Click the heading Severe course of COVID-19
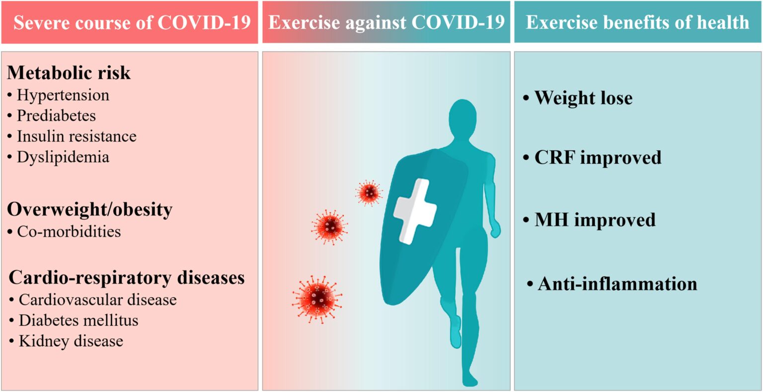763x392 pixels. point(132,23)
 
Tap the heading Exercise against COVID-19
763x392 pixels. point(386,23)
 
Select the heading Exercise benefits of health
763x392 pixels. point(637,23)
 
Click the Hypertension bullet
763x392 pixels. point(63,95)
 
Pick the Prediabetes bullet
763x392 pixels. point(56,116)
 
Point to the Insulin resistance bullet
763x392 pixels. point(76,136)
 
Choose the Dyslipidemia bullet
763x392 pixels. point(63,157)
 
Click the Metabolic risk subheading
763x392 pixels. point(69,73)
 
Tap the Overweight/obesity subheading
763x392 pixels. point(89,209)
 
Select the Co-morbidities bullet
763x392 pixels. point(69,232)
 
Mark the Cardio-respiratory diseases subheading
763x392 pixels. point(127,277)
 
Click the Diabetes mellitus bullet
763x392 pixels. point(78,320)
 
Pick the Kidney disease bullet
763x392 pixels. point(71,341)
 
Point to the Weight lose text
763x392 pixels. point(583,98)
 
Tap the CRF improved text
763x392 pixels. point(598,157)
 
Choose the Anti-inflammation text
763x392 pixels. point(617,284)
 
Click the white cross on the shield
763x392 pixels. point(414,211)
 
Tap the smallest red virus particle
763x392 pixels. point(369,192)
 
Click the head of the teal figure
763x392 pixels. point(463,119)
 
